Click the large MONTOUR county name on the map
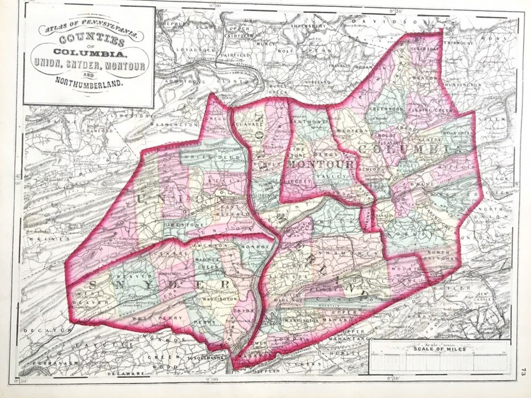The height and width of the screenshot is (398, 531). [x=321, y=164]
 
